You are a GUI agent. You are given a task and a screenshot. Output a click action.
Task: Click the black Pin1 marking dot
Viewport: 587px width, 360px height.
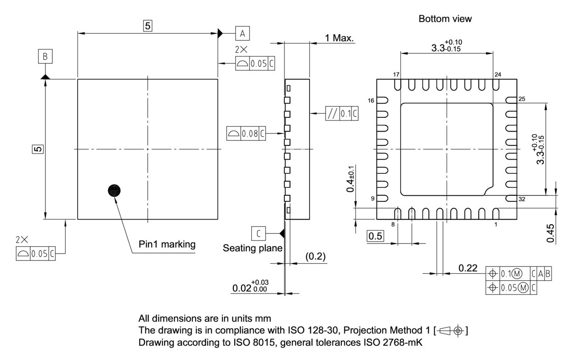[x=114, y=191]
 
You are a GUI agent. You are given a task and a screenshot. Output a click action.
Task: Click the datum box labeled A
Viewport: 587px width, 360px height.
[x=243, y=33]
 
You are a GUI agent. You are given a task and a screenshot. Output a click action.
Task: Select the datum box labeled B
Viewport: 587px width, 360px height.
[x=45, y=57]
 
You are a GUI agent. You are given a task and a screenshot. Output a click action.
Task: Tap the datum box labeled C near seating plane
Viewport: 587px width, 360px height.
[x=258, y=233]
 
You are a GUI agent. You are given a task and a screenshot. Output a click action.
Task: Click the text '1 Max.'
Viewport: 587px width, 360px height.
[x=339, y=38]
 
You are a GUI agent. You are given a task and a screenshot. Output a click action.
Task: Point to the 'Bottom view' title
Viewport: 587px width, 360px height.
[x=445, y=19]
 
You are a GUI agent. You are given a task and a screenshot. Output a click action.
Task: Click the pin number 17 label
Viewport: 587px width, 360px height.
[x=397, y=74]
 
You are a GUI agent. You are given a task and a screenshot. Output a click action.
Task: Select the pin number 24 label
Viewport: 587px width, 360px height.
[x=498, y=74]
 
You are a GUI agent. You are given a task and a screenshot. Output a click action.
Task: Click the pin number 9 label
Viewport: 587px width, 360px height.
[x=373, y=199]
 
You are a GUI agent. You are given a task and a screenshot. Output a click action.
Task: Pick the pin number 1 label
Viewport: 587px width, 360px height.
[x=495, y=224]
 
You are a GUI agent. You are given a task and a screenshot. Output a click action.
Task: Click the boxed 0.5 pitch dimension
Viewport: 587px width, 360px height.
[x=376, y=236]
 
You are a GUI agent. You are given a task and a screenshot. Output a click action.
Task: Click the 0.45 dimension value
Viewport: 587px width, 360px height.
[x=551, y=233]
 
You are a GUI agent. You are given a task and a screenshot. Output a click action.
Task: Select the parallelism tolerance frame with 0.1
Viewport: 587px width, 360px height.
[x=342, y=113]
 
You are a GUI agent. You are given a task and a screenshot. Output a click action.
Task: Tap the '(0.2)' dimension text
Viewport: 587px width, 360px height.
[x=316, y=256]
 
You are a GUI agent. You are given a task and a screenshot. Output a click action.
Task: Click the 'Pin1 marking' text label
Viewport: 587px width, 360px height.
[x=167, y=244]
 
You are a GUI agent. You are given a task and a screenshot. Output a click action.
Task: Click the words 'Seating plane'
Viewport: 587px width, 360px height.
[x=252, y=248]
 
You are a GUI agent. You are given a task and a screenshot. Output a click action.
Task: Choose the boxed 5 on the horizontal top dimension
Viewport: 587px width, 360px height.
[x=147, y=26]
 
